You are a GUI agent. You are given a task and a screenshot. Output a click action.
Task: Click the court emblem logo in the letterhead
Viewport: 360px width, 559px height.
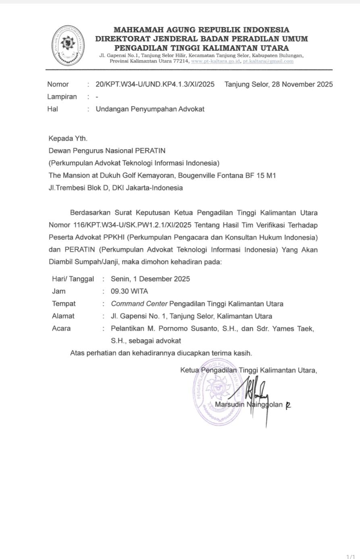pos(69,46)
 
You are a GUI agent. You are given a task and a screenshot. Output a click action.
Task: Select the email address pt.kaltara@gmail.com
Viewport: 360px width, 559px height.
pos(268,61)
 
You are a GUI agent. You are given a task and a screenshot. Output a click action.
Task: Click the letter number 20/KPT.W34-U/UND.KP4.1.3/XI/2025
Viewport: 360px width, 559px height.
pos(155,84)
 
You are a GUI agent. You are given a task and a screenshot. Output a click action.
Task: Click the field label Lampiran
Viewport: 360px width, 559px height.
pos(62,97)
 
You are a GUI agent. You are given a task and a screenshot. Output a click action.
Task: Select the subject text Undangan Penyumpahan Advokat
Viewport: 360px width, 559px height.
pos(150,109)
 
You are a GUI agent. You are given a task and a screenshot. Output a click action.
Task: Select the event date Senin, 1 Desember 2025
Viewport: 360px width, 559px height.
pos(150,279)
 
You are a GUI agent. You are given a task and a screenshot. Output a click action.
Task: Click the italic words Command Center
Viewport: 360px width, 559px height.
pos(139,304)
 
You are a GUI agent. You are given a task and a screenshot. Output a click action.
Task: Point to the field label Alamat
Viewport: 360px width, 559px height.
pos(63,316)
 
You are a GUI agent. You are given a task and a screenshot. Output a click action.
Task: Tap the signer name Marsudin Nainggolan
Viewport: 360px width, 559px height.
pos(249,405)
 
